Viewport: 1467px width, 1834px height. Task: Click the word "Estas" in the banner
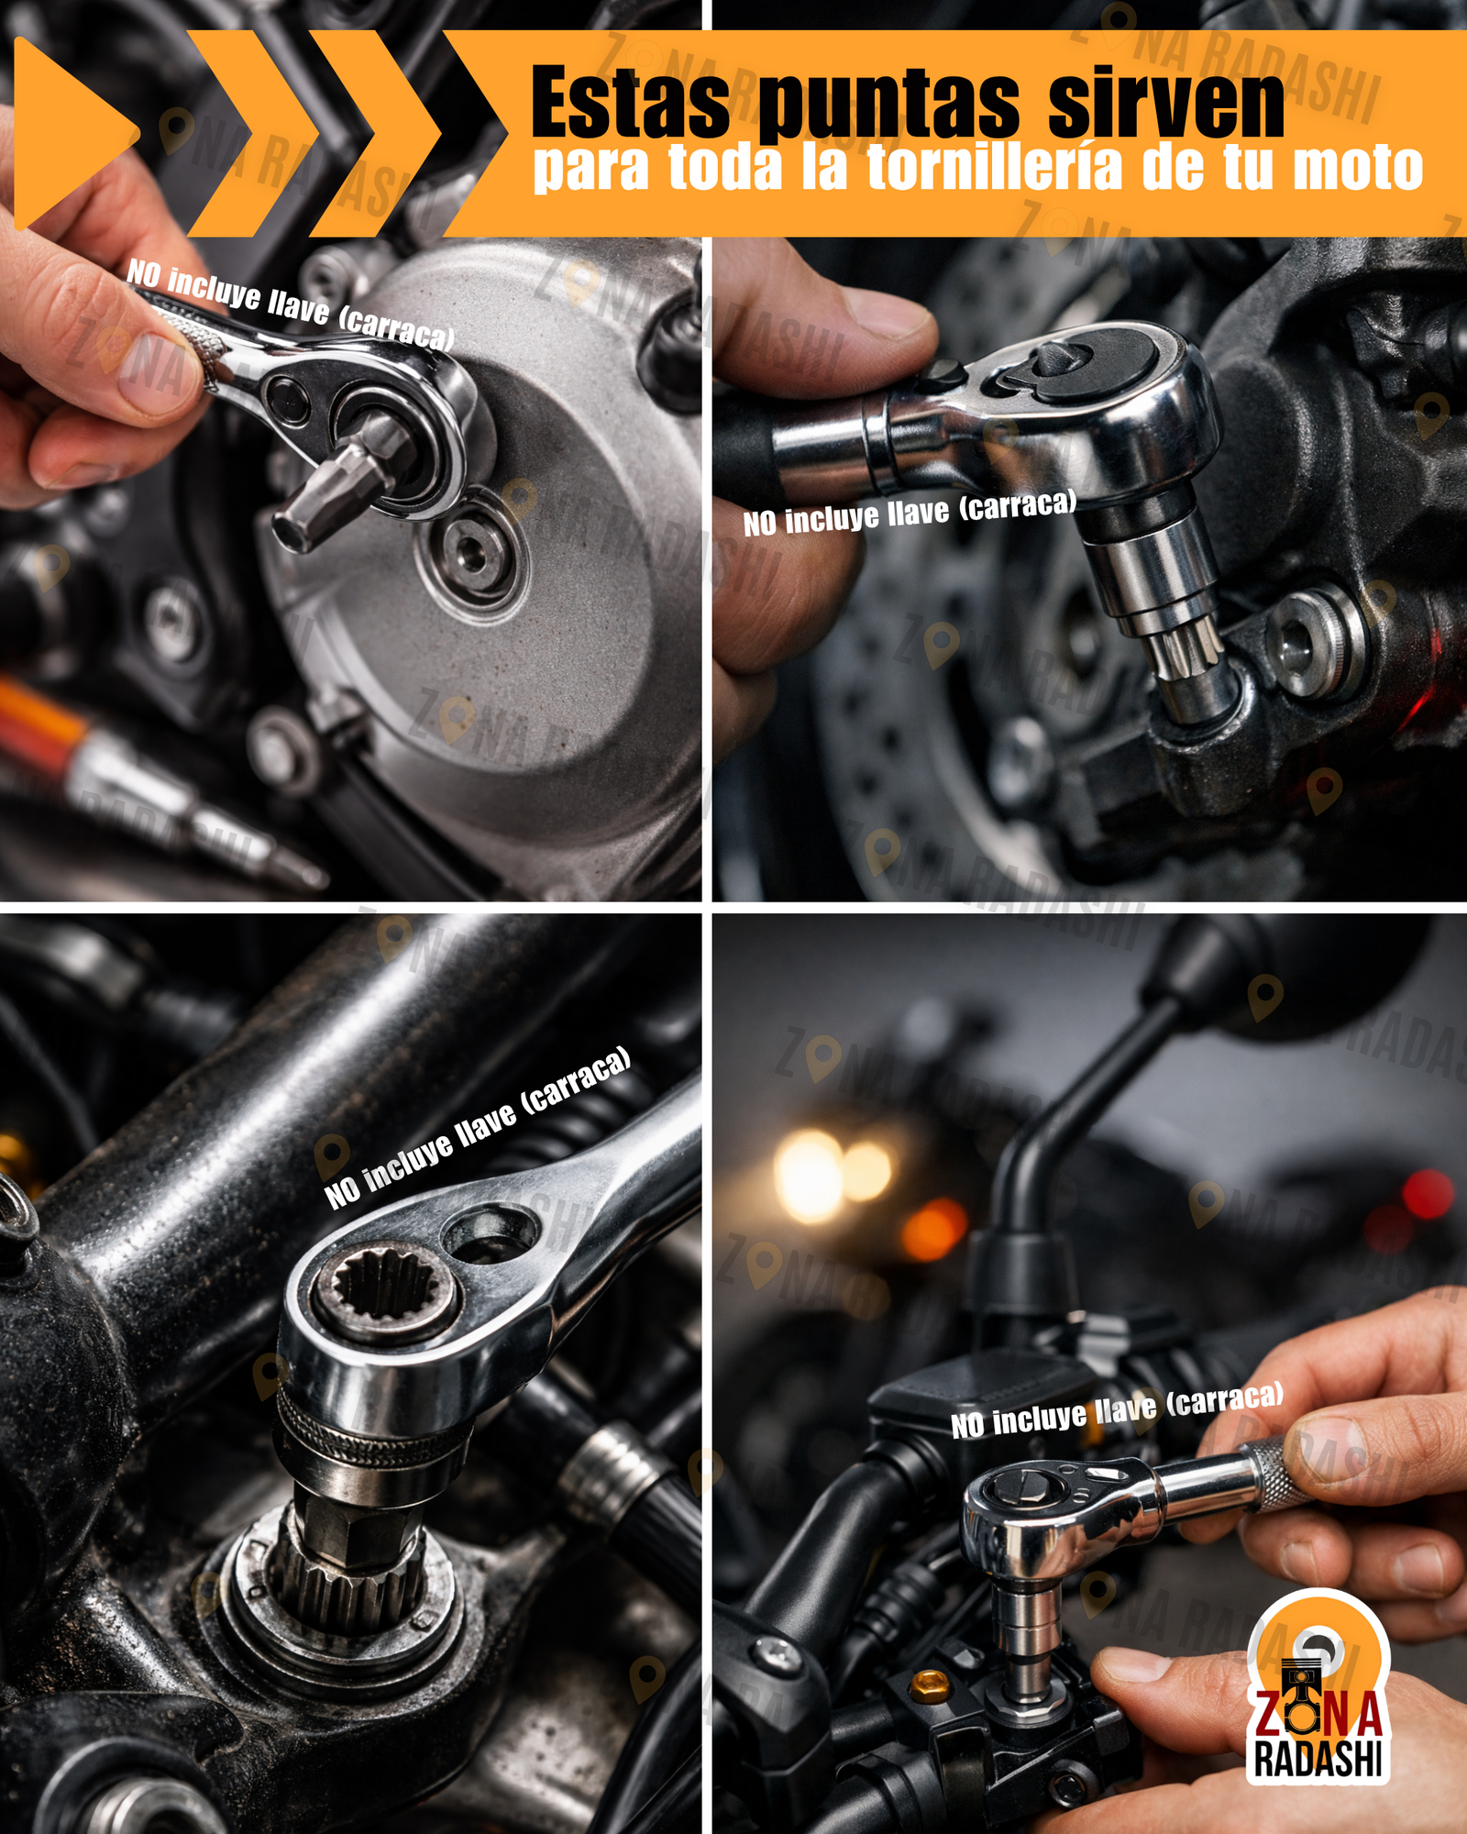tap(630, 102)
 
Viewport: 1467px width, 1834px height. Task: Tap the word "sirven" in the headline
tap(1166, 102)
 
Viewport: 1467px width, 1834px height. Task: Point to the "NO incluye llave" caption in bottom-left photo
tap(478, 1127)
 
